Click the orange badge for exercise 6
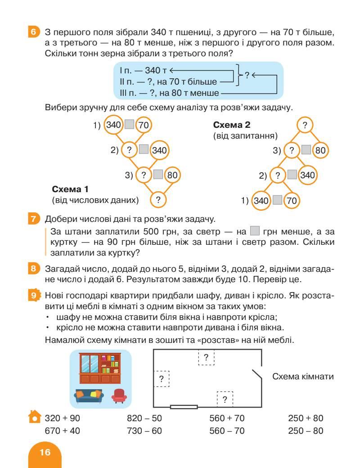[x=33, y=32]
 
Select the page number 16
[x=45, y=452]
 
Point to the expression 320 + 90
[x=63, y=418]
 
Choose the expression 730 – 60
[x=144, y=431]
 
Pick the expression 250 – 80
[x=306, y=431]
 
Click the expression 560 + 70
[x=227, y=418]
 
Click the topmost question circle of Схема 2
[x=306, y=126]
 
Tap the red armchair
[x=119, y=396]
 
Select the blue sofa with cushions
[x=89, y=396]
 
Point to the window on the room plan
[x=184, y=407]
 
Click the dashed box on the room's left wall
[x=161, y=378]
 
